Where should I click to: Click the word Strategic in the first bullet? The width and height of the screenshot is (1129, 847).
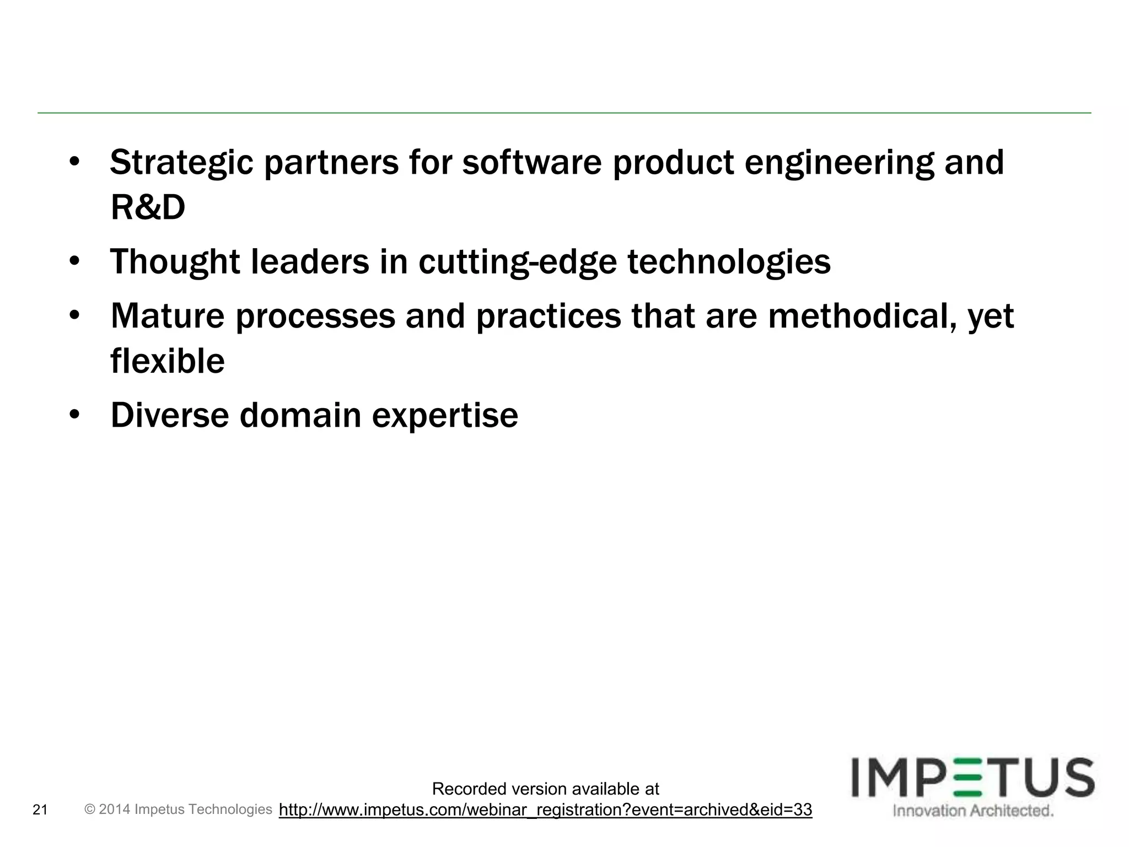tap(182, 163)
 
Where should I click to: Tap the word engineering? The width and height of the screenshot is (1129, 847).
tap(839, 163)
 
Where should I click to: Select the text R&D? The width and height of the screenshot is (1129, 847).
tap(148, 208)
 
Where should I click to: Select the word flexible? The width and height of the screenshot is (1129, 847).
tap(168, 361)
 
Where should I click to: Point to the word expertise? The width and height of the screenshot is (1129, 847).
tap(445, 415)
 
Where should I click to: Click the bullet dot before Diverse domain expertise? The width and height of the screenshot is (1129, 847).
tap(75, 415)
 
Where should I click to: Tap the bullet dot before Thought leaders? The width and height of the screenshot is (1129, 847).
tap(75, 261)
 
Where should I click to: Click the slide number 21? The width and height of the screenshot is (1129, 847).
tap(40, 810)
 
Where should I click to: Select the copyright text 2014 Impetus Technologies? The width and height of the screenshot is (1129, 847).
tap(179, 810)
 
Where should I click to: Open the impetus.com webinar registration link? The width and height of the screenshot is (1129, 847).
tap(545, 810)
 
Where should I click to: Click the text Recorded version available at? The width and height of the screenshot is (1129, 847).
tap(545, 789)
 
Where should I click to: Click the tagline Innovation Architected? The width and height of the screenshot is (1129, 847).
tap(973, 811)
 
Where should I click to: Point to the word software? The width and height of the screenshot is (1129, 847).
tap(532, 163)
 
